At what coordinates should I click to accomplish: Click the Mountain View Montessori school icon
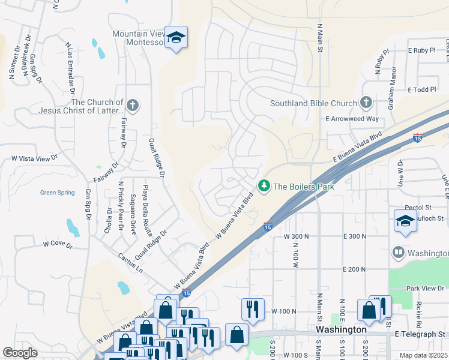176,38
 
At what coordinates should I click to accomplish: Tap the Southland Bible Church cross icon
366,103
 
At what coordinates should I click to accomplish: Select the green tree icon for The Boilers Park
264,187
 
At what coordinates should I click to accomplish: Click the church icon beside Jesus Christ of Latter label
133,106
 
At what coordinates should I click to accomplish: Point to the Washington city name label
342,330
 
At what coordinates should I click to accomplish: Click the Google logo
20,353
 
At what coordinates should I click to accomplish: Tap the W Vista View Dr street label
34,158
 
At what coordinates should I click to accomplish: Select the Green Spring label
57,193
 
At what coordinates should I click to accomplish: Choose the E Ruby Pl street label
421,50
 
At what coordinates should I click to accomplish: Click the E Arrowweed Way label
352,119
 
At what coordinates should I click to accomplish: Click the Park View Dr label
424,289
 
